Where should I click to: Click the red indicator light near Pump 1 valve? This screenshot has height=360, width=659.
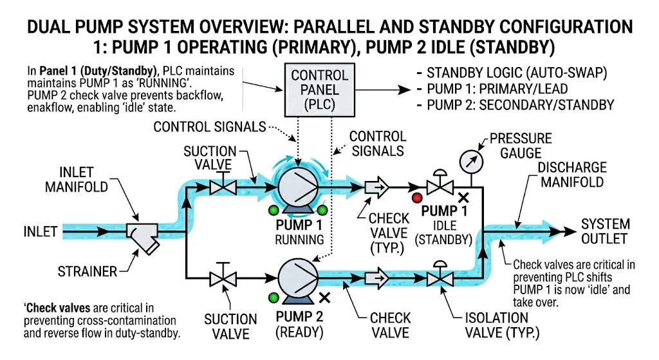coord(418,198)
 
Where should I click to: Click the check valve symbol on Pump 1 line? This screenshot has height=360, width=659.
coord(376,188)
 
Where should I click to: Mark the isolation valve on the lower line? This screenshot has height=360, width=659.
coord(440,278)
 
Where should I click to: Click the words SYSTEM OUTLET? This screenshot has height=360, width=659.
coord(604,231)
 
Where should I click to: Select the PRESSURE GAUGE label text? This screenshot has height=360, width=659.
coord(520,146)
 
